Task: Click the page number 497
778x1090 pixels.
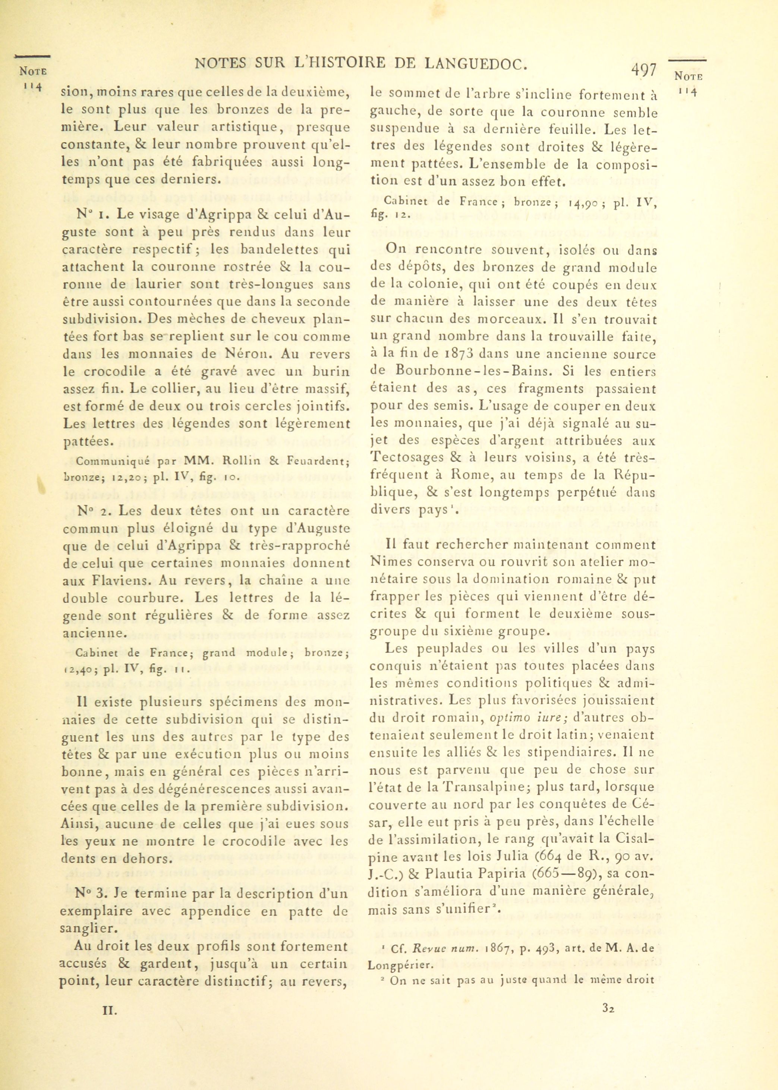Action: pyautogui.click(x=643, y=70)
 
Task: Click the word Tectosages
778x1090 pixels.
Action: pyautogui.click(x=407, y=457)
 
